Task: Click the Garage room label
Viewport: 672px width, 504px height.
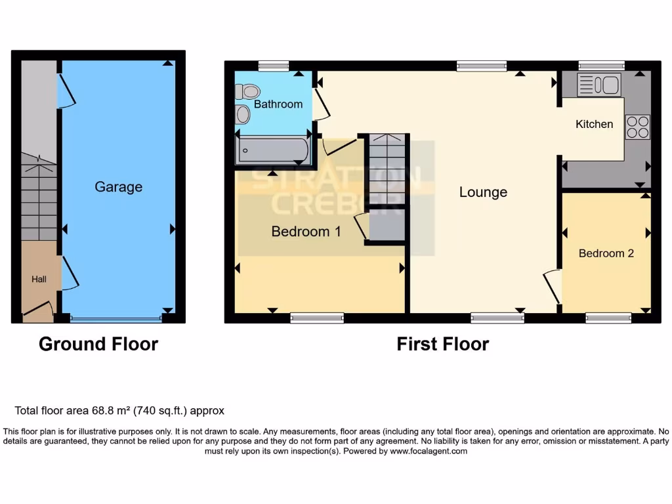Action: [118, 187]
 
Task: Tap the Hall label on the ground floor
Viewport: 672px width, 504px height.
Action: [39, 280]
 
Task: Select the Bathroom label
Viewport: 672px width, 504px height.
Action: [278, 104]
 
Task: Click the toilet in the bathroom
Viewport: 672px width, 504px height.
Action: [249, 91]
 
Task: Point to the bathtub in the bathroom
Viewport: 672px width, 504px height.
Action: [273, 150]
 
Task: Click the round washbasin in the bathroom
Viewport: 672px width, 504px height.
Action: [243, 115]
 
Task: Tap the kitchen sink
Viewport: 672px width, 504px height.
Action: [598, 85]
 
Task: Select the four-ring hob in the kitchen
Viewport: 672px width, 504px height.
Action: [637, 127]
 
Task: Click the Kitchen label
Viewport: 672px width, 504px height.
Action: [595, 124]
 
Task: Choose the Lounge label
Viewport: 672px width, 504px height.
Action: [483, 192]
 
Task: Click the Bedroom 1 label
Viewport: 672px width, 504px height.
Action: [306, 232]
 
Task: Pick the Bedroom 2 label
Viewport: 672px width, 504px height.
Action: [606, 253]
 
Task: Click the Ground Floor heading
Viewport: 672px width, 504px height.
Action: [98, 344]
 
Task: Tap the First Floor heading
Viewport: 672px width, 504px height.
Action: [443, 344]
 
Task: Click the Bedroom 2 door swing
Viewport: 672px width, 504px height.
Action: [552, 286]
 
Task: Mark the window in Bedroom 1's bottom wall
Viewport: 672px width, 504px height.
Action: [317, 318]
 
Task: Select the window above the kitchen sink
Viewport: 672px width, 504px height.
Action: [601, 65]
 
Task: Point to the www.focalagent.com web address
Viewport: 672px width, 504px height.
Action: [429, 451]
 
